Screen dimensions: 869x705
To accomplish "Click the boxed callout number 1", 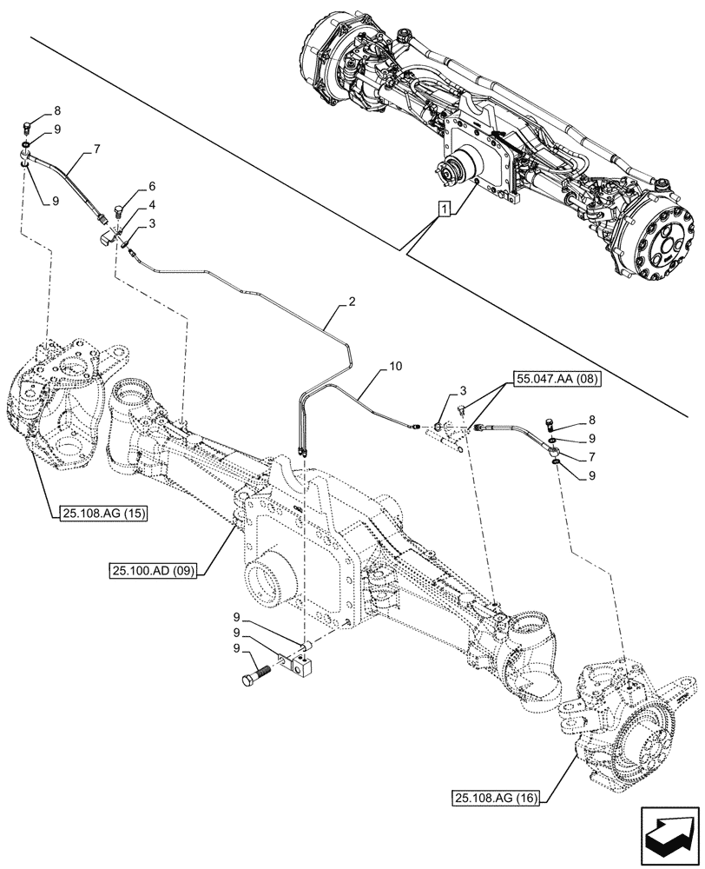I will (x=445, y=209).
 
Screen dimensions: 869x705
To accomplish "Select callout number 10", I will (x=395, y=368).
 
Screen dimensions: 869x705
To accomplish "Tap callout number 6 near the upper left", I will (x=151, y=186).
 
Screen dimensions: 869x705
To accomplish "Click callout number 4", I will (x=151, y=205).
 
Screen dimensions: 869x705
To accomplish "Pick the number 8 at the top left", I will (x=57, y=110).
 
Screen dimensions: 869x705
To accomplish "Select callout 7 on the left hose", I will (x=97, y=149).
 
